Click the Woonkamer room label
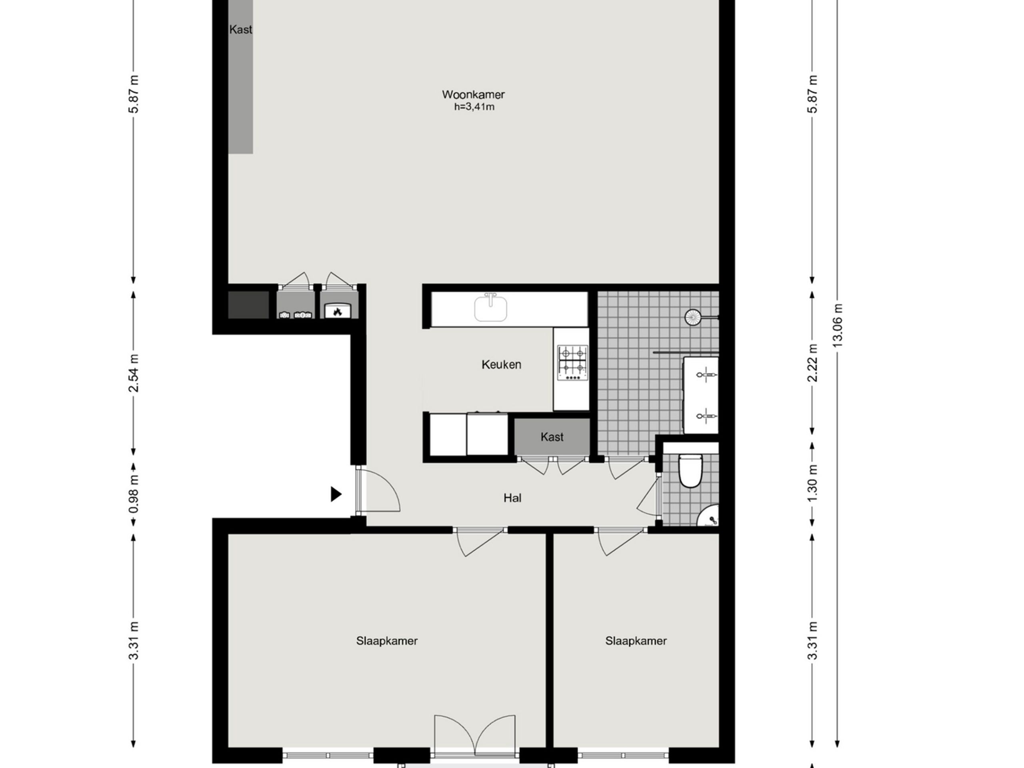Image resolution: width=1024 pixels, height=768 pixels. [473, 94]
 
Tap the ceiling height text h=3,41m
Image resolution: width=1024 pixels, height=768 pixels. [474, 107]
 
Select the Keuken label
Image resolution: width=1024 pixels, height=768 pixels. [501, 365]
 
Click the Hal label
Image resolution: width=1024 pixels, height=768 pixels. [512, 498]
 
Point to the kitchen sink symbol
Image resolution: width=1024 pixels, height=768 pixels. [491, 308]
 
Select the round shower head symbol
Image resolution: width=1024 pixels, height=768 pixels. [693, 317]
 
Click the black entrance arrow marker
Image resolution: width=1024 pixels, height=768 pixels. [336, 494]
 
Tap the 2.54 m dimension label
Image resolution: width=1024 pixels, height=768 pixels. [133, 373]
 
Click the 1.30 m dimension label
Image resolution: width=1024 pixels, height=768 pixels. [812, 483]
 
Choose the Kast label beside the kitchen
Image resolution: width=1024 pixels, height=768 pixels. [552, 437]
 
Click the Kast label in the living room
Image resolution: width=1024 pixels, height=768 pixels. [241, 30]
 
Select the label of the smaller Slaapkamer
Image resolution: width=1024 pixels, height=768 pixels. [636, 641]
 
